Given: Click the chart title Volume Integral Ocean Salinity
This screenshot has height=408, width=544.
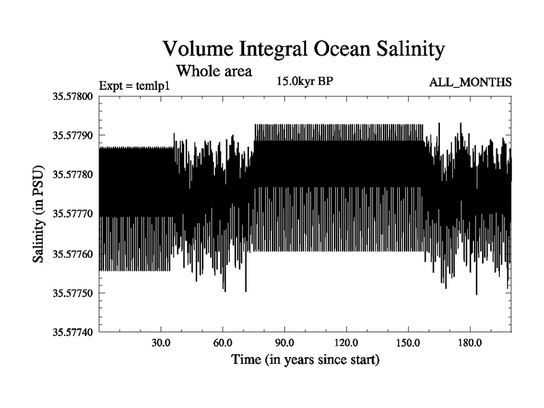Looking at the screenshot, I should (303, 50).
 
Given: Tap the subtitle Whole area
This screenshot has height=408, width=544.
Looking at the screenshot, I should (214, 70).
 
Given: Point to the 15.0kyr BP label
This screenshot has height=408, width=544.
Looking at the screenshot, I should (304, 82).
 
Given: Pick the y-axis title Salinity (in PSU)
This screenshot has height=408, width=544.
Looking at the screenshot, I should (39, 214).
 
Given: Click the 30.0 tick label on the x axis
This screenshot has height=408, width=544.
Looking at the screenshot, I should (161, 342).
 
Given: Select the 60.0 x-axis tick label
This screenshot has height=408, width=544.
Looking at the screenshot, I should (223, 342).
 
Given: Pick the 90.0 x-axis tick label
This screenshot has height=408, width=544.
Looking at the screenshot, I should (285, 342).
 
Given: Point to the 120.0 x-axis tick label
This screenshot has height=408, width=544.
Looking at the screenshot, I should (347, 342).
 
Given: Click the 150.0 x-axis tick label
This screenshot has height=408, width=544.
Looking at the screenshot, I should (409, 342).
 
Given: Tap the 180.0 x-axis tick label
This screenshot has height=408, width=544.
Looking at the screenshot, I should (471, 342).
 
